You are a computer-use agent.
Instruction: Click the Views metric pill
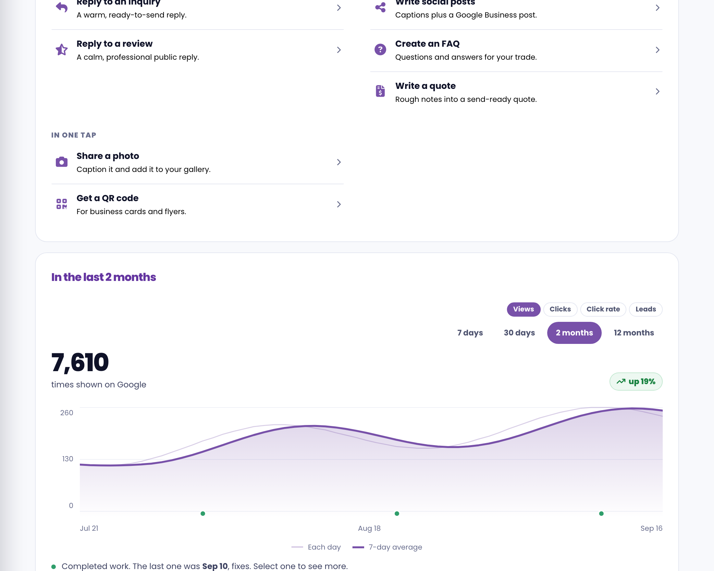point(523,309)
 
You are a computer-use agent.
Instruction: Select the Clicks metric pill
point(560,309)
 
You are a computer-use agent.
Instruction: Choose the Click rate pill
point(603,309)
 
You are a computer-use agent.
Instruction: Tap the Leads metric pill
point(646,309)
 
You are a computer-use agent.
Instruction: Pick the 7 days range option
point(470,333)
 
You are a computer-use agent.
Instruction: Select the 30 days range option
point(519,333)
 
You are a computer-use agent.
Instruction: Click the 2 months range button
point(574,333)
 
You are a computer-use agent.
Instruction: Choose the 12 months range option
point(634,333)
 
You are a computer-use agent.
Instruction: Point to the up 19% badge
point(636,382)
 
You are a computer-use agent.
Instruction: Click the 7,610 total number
point(80,362)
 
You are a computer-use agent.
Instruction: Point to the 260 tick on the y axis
point(67,413)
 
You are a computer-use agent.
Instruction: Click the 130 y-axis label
point(68,459)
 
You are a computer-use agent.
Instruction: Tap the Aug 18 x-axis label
point(369,528)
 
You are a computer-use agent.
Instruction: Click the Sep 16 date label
point(651,528)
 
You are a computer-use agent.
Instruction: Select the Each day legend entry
point(316,547)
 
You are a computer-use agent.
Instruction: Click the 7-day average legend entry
point(387,547)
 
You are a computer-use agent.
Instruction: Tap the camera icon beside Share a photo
point(62,162)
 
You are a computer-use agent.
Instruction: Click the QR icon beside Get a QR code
point(62,204)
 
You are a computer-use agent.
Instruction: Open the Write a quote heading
point(425,86)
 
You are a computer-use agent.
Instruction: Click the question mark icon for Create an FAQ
point(380,50)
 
